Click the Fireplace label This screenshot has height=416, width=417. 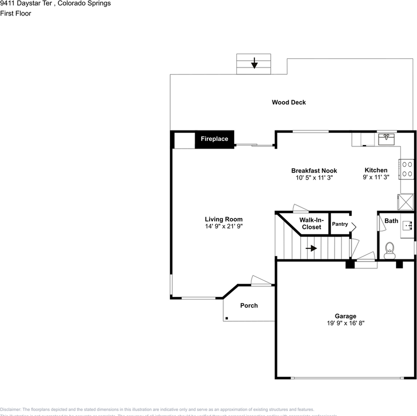coord(214,139)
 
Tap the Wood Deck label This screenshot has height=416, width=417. coord(289,102)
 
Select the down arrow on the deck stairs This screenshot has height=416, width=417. coord(254,63)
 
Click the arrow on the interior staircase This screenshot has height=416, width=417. coord(311,248)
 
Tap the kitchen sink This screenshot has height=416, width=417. coord(386,139)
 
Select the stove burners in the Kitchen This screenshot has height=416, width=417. coord(407,169)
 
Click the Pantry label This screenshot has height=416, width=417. coord(340,224)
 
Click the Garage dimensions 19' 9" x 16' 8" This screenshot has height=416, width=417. coord(345,323)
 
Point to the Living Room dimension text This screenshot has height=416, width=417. coord(223,226)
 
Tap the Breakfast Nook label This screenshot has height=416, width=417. coord(314,171)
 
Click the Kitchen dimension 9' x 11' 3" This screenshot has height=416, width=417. coord(376,177)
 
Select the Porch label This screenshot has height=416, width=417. coord(249,305)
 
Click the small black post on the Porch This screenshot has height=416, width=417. coord(227,318)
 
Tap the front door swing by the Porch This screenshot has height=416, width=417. coord(261,281)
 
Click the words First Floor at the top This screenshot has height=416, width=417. coord(16,13)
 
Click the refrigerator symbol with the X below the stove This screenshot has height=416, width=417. coord(406,201)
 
